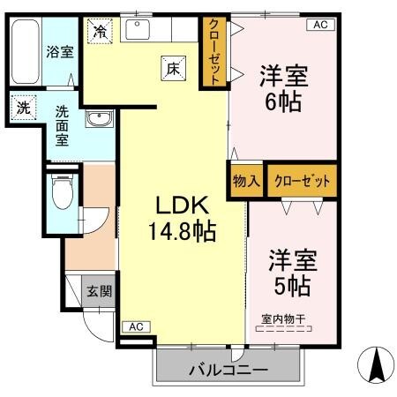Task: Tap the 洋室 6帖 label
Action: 281,87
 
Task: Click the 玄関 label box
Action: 97,289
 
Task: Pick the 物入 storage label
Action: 246,181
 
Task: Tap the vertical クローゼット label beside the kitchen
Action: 213,52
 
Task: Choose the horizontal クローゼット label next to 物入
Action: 303,181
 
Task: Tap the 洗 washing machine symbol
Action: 23,109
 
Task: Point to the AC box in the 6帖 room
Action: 319,25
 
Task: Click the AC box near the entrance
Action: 136,326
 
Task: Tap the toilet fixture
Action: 61,193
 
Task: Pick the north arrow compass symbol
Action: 376,363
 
